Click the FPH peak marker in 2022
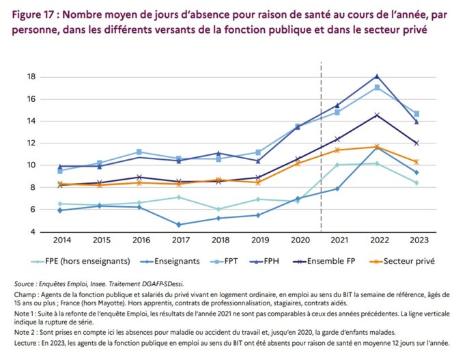coord(376,76)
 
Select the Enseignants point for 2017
coord(178,224)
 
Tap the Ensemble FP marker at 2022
coord(376,115)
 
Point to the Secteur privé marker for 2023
coord(416,162)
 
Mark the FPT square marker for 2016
coord(139,152)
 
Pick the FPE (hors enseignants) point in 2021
coord(337,165)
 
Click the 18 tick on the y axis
coord(49,77)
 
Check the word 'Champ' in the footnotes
coord(26,294)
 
